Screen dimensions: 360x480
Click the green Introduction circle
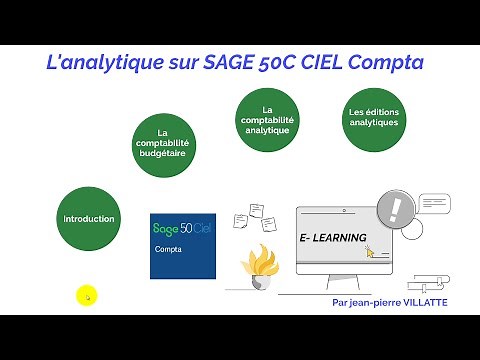point(89,218)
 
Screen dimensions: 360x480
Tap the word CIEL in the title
point(320,63)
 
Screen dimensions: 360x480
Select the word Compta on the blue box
point(168,252)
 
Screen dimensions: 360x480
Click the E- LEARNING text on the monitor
point(333,238)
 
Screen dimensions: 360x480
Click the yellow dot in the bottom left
point(87,296)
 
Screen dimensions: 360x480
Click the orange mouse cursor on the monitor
point(370,251)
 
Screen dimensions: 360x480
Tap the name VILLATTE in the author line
point(426,301)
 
